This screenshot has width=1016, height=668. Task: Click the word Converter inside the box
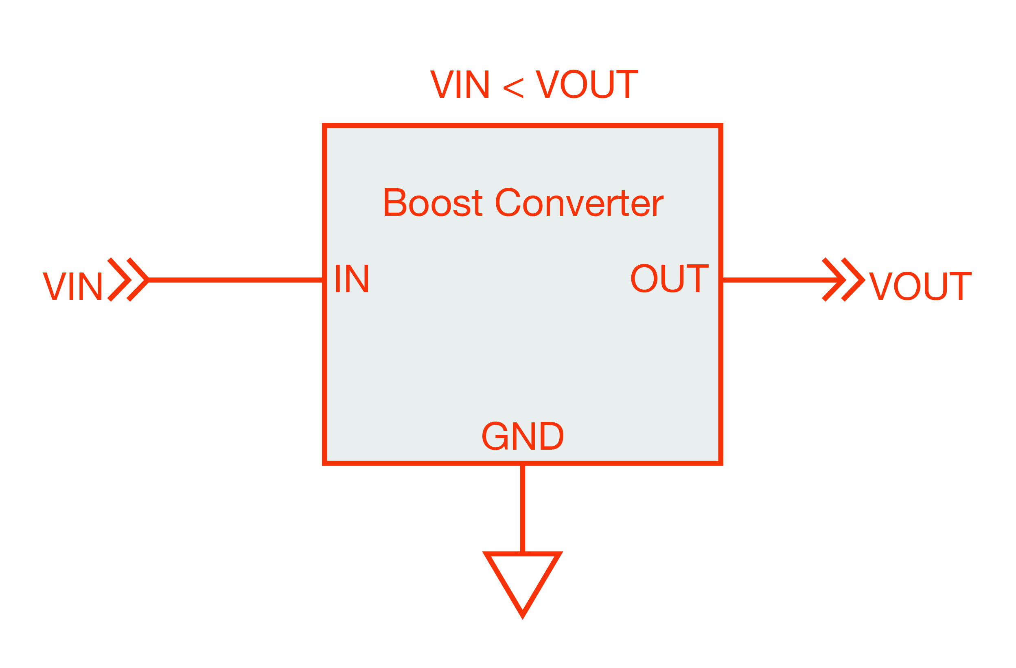[579, 202]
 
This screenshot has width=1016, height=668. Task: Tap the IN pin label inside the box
[352, 279]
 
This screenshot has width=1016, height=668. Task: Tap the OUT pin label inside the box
[669, 279]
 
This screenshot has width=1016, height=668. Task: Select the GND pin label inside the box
[523, 436]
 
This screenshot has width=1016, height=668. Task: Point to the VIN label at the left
[72, 286]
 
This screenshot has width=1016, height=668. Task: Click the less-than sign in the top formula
[513, 88]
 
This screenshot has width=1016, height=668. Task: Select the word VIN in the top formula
[459, 84]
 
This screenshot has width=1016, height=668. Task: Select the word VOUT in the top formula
[587, 84]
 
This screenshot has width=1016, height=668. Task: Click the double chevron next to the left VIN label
[128, 280]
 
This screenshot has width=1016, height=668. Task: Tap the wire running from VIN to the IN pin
[235, 280]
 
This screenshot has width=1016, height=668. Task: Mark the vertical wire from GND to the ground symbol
[523, 508]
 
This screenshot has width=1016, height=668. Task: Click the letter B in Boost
[395, 202]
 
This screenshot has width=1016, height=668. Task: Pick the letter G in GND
[495, 436]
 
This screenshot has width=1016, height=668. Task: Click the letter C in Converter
[508, 202]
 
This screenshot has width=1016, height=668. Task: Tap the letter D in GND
[552, 436]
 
